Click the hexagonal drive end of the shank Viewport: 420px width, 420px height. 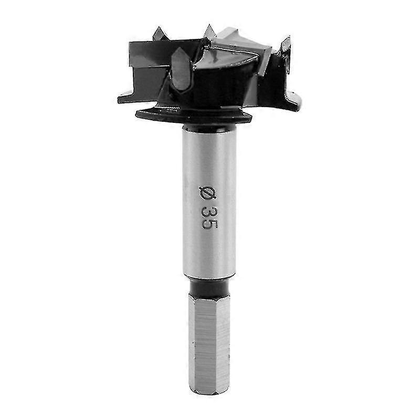pyautogui.click(x=209, y=344)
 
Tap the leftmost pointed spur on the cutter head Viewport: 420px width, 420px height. pyautogui.click(x=160, y=33)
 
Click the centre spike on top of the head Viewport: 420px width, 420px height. pyautogui.click(x=209, y=31)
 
